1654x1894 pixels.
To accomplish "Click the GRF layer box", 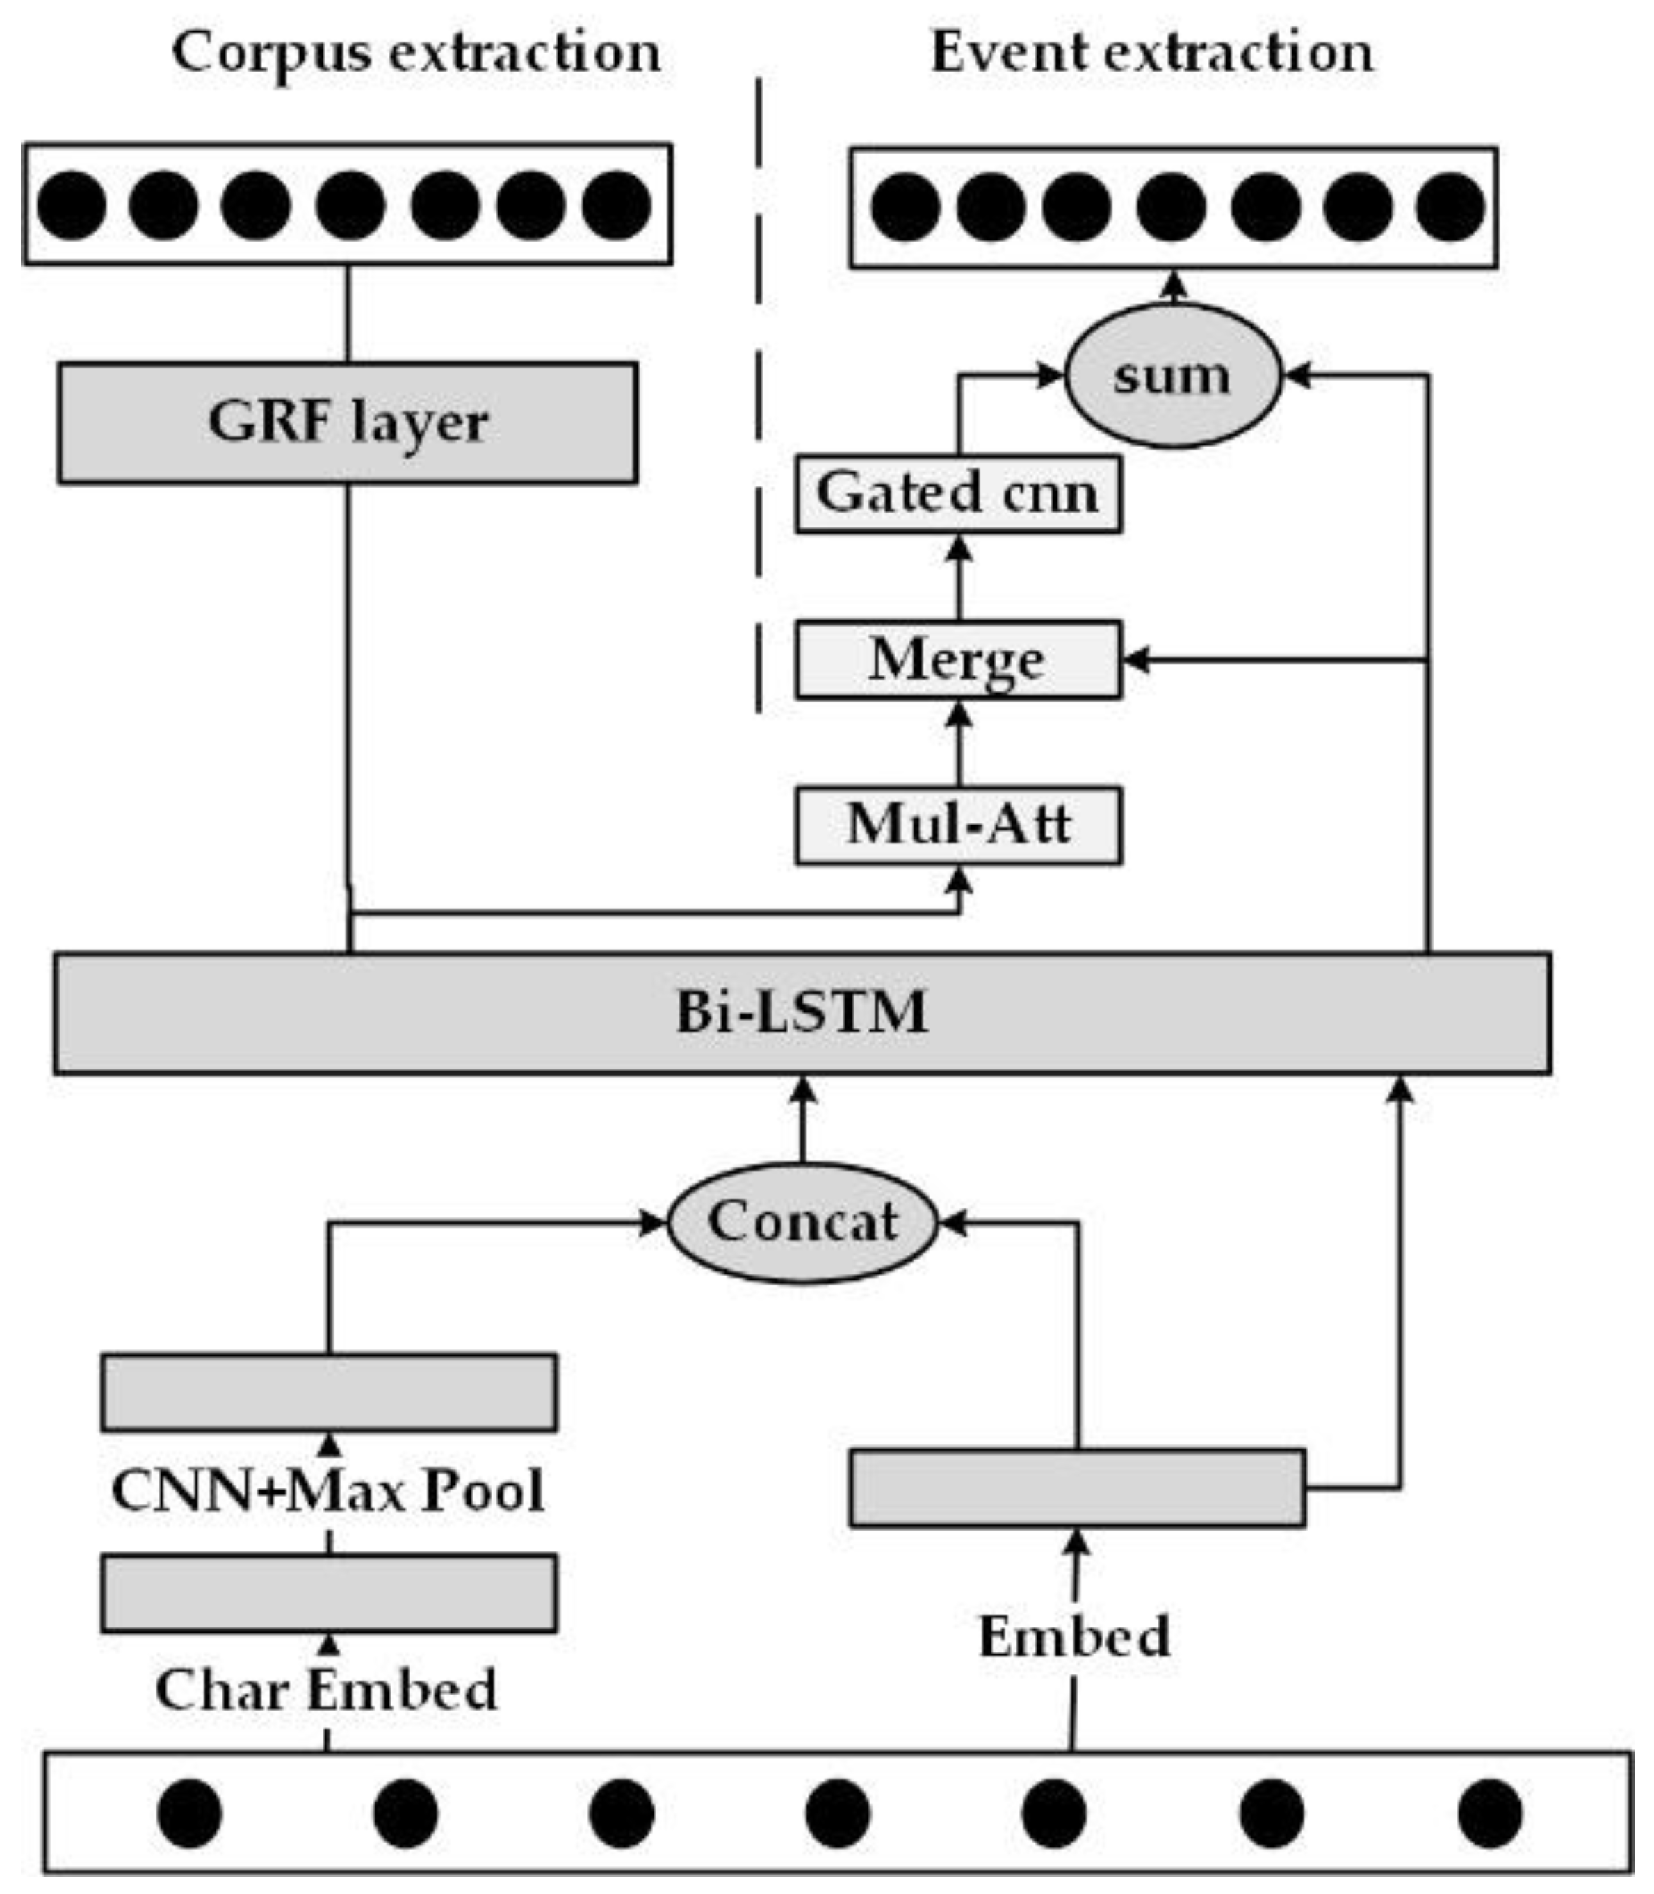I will click(x=347, y=422).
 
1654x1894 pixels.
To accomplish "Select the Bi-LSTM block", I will click(x=801, y=1013).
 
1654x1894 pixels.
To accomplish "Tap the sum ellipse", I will click(x=1172, y=375).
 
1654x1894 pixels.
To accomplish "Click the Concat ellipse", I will click(x=801, y=1222).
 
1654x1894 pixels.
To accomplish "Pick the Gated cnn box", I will click(x=958, y=493).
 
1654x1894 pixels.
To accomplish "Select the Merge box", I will click(x=958, y=659).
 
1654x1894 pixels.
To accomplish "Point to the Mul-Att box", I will click(x=958, y=825).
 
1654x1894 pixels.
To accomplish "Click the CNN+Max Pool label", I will click(x=327, y=1490).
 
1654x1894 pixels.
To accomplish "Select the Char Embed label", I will click(x=326, y=1690).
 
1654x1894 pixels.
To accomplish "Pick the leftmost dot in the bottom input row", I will click(x=189, y=1813).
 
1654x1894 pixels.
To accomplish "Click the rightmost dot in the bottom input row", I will click(x=1490, y=1813).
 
